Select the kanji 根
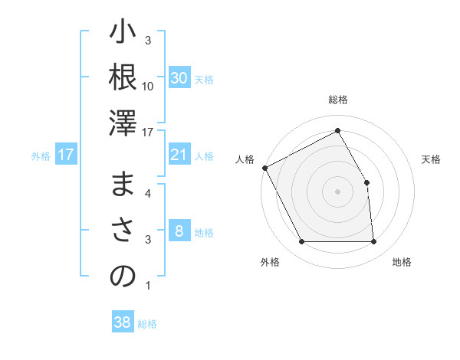(123, 79)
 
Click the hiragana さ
(123, 231)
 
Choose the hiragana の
(123, 277)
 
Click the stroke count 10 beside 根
(148, 86)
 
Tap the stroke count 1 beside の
(148, 286)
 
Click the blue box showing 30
(179, 78)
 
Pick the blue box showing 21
(179, 155)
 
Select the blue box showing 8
(179, 232)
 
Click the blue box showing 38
(122, 322)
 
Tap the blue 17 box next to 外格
(66, 155)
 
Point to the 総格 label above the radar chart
(337, 100)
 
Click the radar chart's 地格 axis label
(402, 262)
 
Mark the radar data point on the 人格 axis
(264, 168)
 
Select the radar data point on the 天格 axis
(366, 182)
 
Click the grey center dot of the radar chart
(337, 191)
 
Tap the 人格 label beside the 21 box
(204, 156)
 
